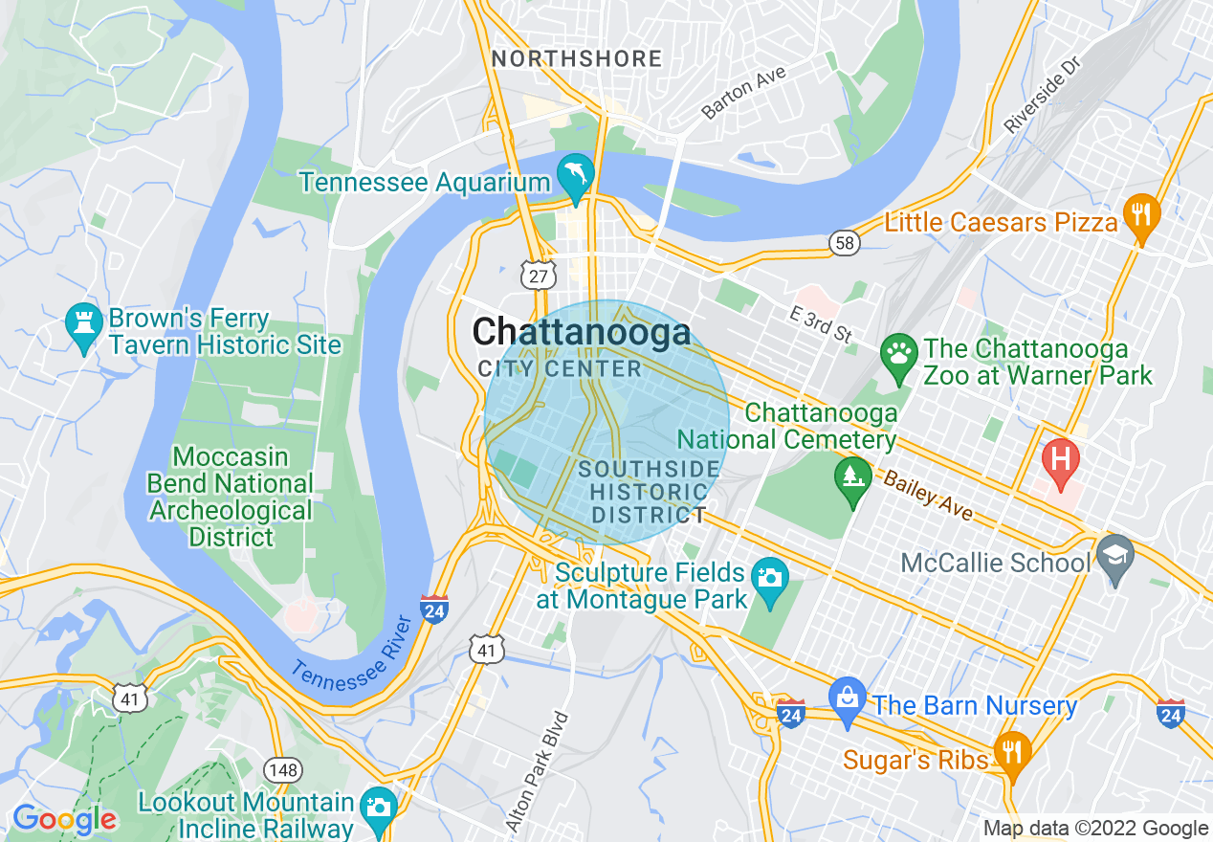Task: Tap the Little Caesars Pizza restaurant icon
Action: [1140, 213]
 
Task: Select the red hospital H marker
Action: [1060, 456]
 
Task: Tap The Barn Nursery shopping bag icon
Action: [848, 697]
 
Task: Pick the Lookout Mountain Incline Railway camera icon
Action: [379, 806]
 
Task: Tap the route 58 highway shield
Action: [844, 243]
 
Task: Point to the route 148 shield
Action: [285, 769]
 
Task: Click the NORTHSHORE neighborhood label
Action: [577, 59]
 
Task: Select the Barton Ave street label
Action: [743, 93]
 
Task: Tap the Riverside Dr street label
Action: [1042, 94]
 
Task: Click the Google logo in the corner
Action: [64, 819]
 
